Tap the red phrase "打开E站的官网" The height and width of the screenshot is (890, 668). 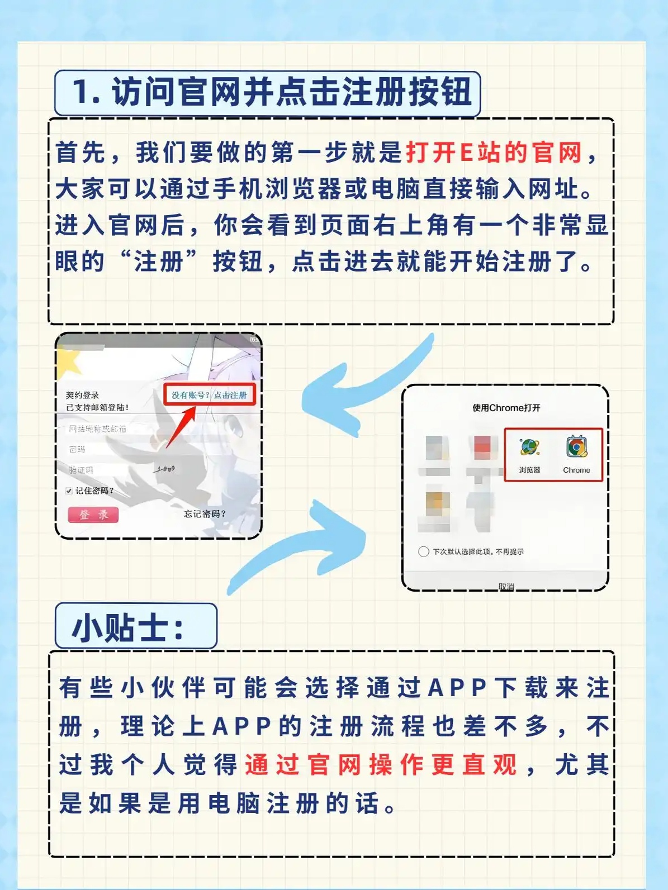click(x=494, y=153)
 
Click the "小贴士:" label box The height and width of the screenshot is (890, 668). click(x=136, y=627)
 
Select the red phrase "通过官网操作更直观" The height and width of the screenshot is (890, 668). click(x=381, y=764)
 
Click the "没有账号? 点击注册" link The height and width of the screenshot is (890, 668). click(x=209, y=395)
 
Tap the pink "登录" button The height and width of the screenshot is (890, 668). click(x=93, y=515)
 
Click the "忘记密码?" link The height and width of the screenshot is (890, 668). click(x=205, y=514)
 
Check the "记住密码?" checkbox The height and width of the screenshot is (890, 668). click(x=69, y=491)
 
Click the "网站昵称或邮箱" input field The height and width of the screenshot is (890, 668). click(x=112, y=429)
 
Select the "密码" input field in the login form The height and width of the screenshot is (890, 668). click(x=112, y=449)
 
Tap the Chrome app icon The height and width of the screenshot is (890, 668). click(x=576, y=448)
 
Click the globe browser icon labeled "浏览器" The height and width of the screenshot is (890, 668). click(x=529, y=448)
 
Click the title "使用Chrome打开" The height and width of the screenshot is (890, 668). click(x=506, y=408)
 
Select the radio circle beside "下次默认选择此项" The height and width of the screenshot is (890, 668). click(x=423, y=551)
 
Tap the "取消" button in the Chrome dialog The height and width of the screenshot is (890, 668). click(x=506, y=586)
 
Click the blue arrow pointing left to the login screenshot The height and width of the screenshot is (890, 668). click(x=358, y=385)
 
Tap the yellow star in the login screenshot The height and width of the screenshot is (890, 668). click(x=68, y=362)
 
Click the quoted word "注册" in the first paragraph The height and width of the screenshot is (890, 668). click(x=158, y=261)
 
